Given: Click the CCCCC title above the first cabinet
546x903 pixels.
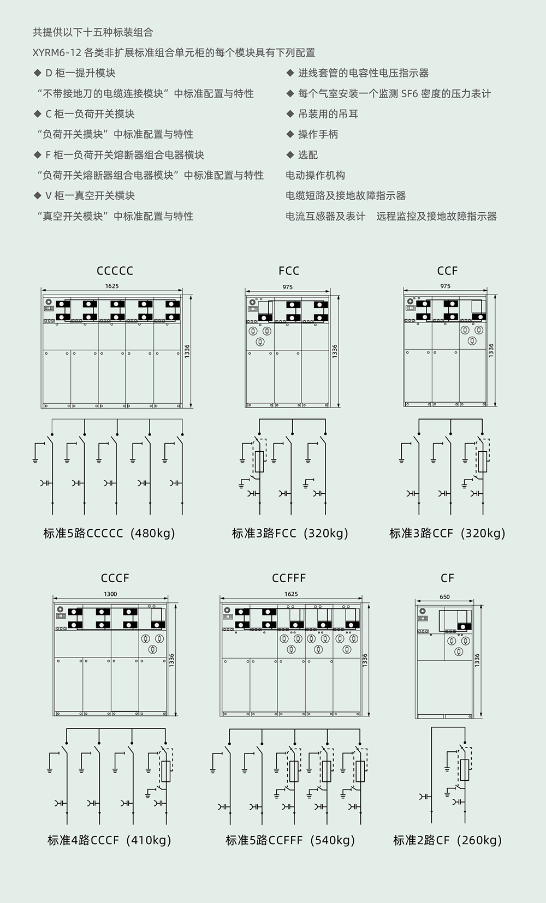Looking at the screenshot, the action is (x=115, y=271).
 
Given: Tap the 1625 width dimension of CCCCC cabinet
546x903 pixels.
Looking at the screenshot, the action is (x=112, y=286).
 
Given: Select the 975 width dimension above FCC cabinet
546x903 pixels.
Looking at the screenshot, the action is (x=287, y=286).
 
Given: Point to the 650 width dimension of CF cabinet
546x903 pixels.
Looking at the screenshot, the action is (x=444, y=596).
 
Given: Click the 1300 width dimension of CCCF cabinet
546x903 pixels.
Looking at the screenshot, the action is (x=110, y=594).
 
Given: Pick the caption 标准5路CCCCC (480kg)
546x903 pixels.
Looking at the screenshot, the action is (x=109, y=533).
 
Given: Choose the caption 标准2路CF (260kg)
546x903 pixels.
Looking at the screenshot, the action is (x=447, y=840).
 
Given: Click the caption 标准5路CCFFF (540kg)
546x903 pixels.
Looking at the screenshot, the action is (x=290, y=840).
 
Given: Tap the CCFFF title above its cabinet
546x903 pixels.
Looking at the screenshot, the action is (x=289, y=578).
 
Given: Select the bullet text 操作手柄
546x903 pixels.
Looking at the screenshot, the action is (x=318, y=134).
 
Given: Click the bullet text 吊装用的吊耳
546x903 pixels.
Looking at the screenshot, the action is (x=328, y=113).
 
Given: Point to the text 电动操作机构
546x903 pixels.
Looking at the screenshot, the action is (x=315, y=175).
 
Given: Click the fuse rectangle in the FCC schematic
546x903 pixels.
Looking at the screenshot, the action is (x=259, y=462).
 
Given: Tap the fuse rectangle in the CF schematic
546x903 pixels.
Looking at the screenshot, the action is (x=465, y=770).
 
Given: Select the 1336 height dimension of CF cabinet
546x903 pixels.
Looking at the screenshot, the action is (x=477, y=660).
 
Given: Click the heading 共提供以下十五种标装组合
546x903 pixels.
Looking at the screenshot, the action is (x=93, y=32).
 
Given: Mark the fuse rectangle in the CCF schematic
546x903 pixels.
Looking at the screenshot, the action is (x=482, y=462).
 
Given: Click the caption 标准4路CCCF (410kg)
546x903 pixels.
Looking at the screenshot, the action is (x=109, y=840).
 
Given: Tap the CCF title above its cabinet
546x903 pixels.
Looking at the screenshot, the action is (x=447, y=271).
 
